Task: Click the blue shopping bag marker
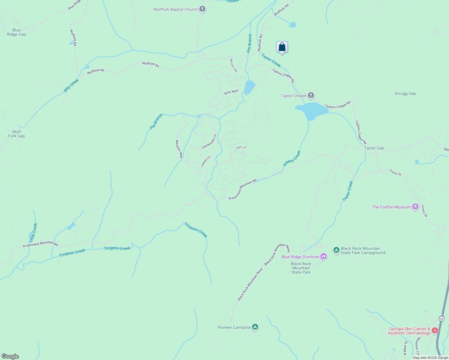tap(282, 47)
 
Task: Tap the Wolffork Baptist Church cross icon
tap(202, 9)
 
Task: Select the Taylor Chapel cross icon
tap(311, 96)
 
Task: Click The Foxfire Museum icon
tap(415, 207)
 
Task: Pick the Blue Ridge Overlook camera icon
tap(323, 256)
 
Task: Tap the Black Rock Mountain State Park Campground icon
tap(336, 250)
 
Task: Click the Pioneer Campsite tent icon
tap(255, 327)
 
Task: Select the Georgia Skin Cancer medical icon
tap(435, 330)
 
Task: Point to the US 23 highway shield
tap(441, 319)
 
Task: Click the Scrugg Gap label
tap(405, 93)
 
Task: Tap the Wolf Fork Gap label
tap(17, 134)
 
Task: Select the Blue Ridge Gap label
tap(17, 32)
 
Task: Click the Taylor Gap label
tap(374, 148)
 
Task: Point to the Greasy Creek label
tap(292, 159)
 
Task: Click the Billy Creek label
tap(71, 85)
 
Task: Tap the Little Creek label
tap(33, 233)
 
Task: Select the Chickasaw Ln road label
tap(209, 142)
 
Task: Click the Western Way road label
tap(179, 149)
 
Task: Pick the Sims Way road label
tap(231, 92)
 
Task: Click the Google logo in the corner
tap(10, 356)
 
